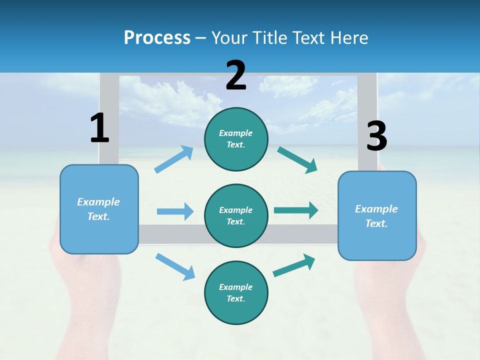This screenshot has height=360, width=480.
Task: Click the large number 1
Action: tap(99, 128)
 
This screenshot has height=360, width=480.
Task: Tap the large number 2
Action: tap(236, 75)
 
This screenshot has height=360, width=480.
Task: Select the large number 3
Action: tap(376, 136)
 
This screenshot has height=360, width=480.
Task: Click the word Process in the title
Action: tap(157, 37)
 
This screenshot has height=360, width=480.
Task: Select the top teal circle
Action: tap(236, 139)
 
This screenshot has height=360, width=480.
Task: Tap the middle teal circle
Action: tap(236, 215)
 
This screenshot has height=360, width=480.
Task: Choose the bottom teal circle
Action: tap(236, 292)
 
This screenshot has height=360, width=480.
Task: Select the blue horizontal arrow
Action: tap(175, 211)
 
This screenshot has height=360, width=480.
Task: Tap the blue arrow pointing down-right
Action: tap(175, 266)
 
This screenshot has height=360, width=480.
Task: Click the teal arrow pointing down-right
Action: tap(297, 160)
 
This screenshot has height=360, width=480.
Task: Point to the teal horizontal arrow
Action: tap(296, 210)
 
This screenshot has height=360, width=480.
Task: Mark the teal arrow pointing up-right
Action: tap(294, 265)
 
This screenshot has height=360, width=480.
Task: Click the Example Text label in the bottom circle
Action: tap(236, 293)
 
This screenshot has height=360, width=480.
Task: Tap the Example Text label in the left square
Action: tap(98, 209)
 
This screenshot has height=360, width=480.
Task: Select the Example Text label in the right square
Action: tap(376, 216)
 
